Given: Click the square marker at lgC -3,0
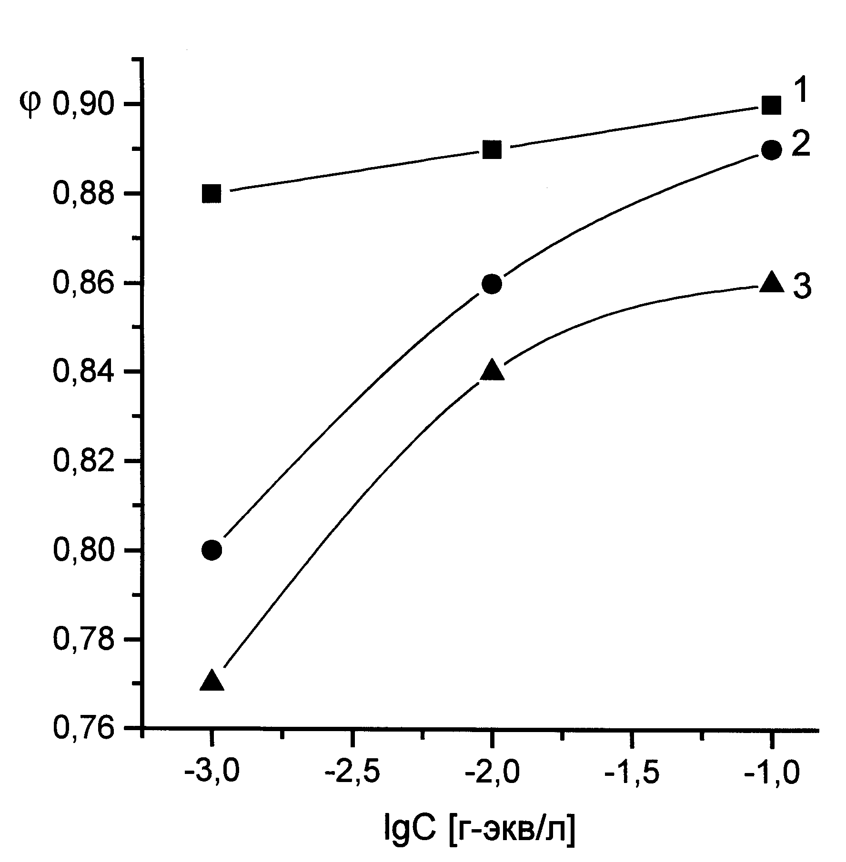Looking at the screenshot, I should pos(211,194).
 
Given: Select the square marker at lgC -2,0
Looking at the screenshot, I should pos(492,150).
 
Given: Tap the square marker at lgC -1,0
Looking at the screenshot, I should pos(771,105).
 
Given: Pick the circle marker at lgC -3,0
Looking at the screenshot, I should pos(211,550).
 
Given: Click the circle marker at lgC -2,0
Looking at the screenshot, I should pos(492,284).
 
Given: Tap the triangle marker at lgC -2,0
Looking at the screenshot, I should pos(492,371).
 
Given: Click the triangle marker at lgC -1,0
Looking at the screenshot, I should pos(772,282).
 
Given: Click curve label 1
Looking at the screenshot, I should pos(802,91).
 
